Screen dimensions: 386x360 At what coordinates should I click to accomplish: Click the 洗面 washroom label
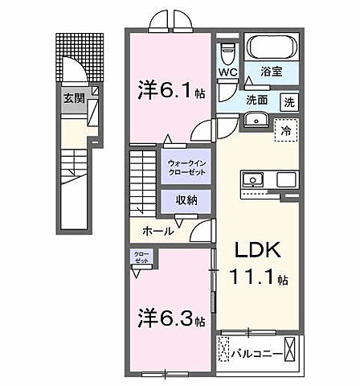pyautogui.click(x=256, y=101)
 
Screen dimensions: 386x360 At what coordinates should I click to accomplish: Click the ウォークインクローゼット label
pyautogui.click(x=187, y=168)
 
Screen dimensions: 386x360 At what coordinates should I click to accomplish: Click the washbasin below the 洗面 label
pyautogui.click(x=257, y=120)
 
